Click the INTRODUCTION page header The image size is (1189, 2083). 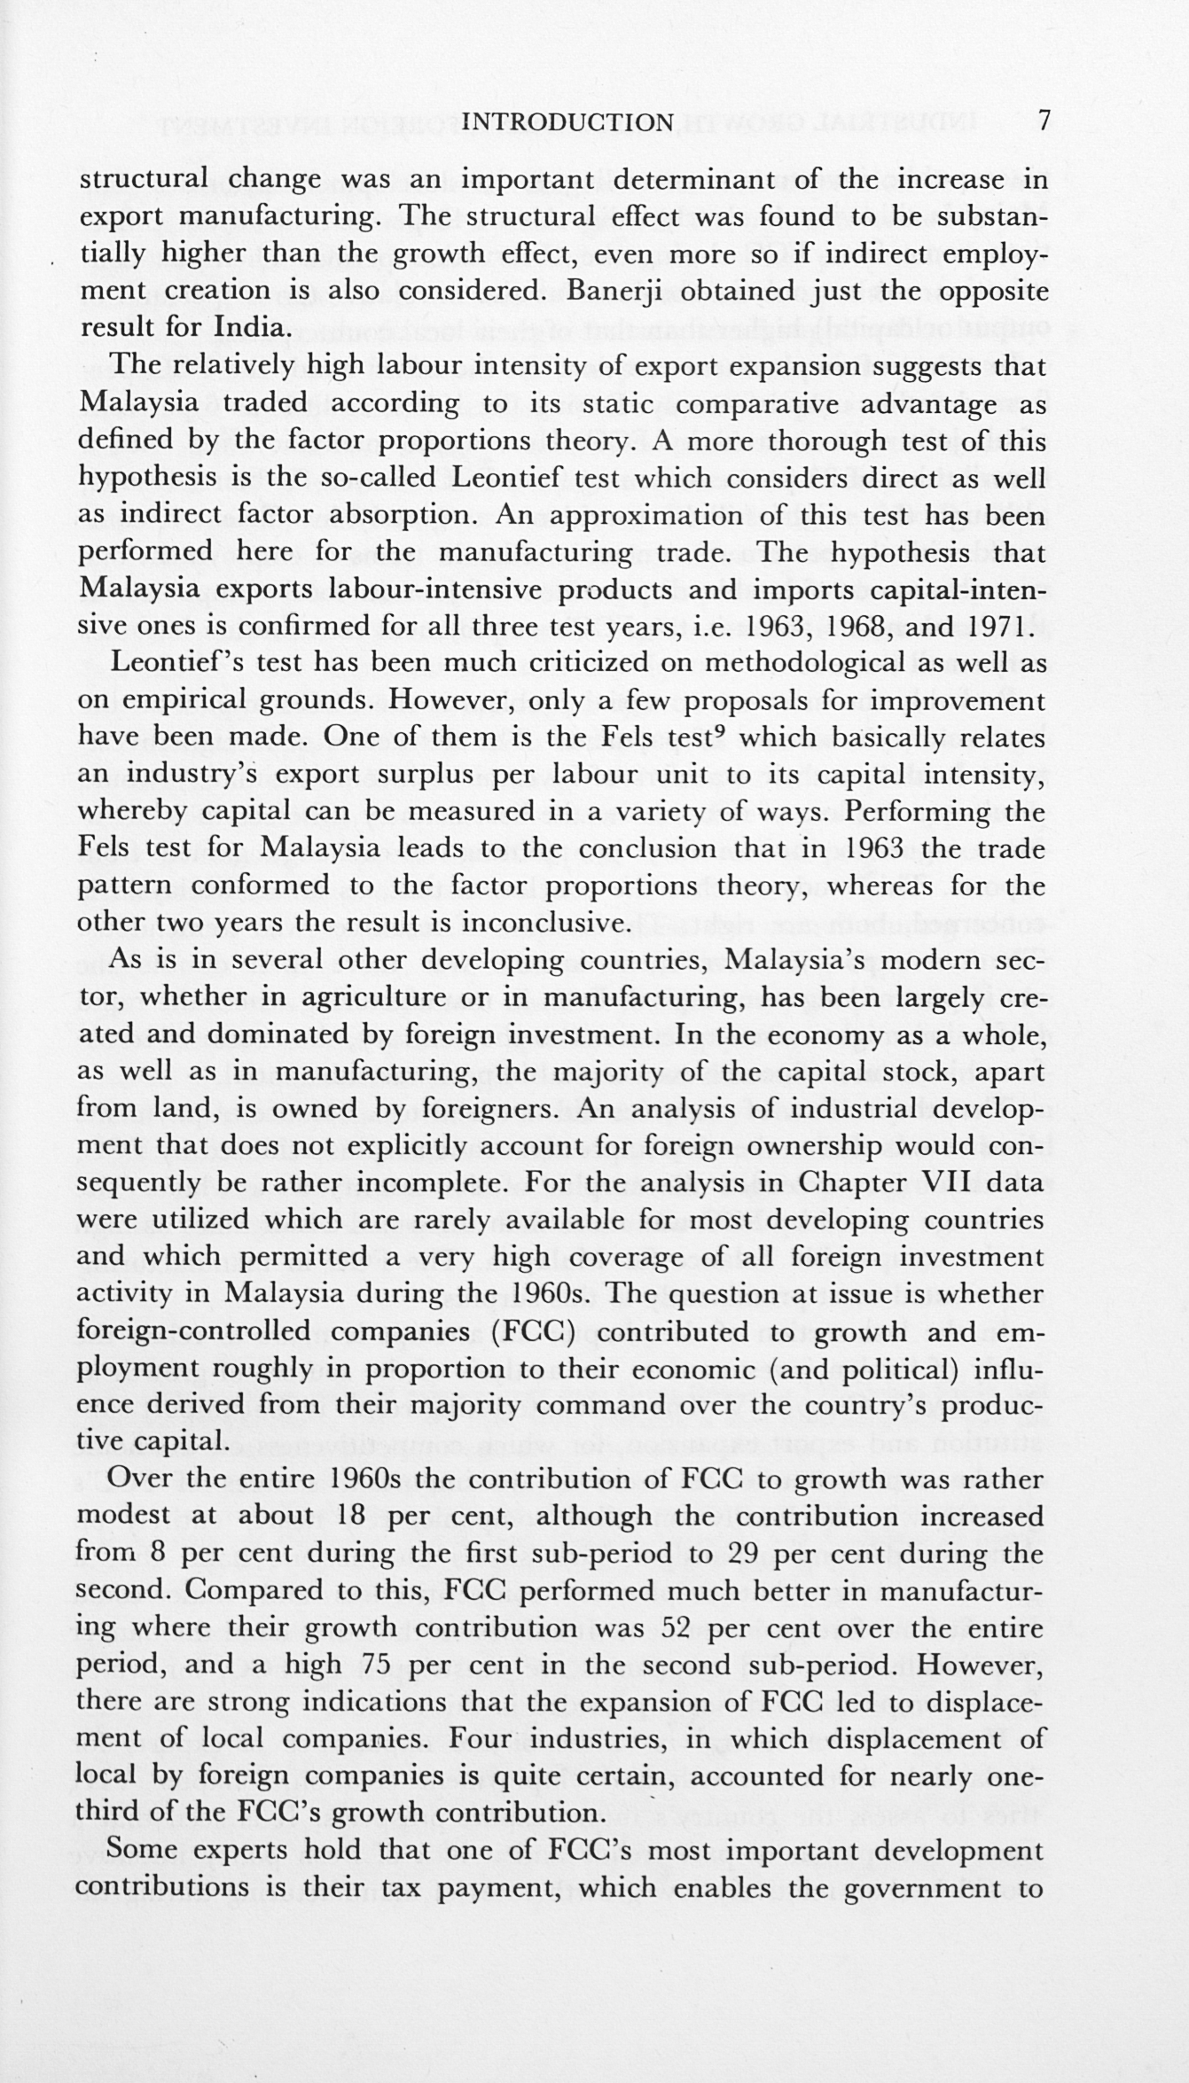568,121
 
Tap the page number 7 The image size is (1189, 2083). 1044,120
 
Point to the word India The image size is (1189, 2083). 251,328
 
